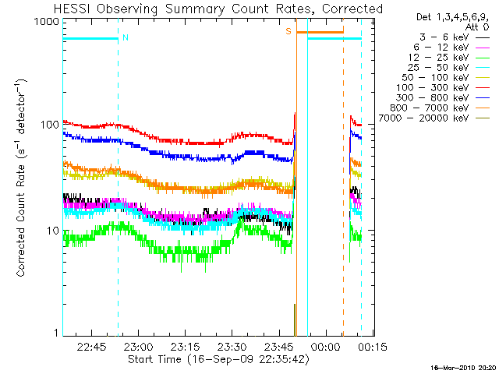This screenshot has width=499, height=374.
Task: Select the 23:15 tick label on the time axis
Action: tap(185, 346)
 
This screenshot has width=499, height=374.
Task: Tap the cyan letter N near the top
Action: tap(125, 37)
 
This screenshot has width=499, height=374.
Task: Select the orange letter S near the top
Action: tap(288, 31)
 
